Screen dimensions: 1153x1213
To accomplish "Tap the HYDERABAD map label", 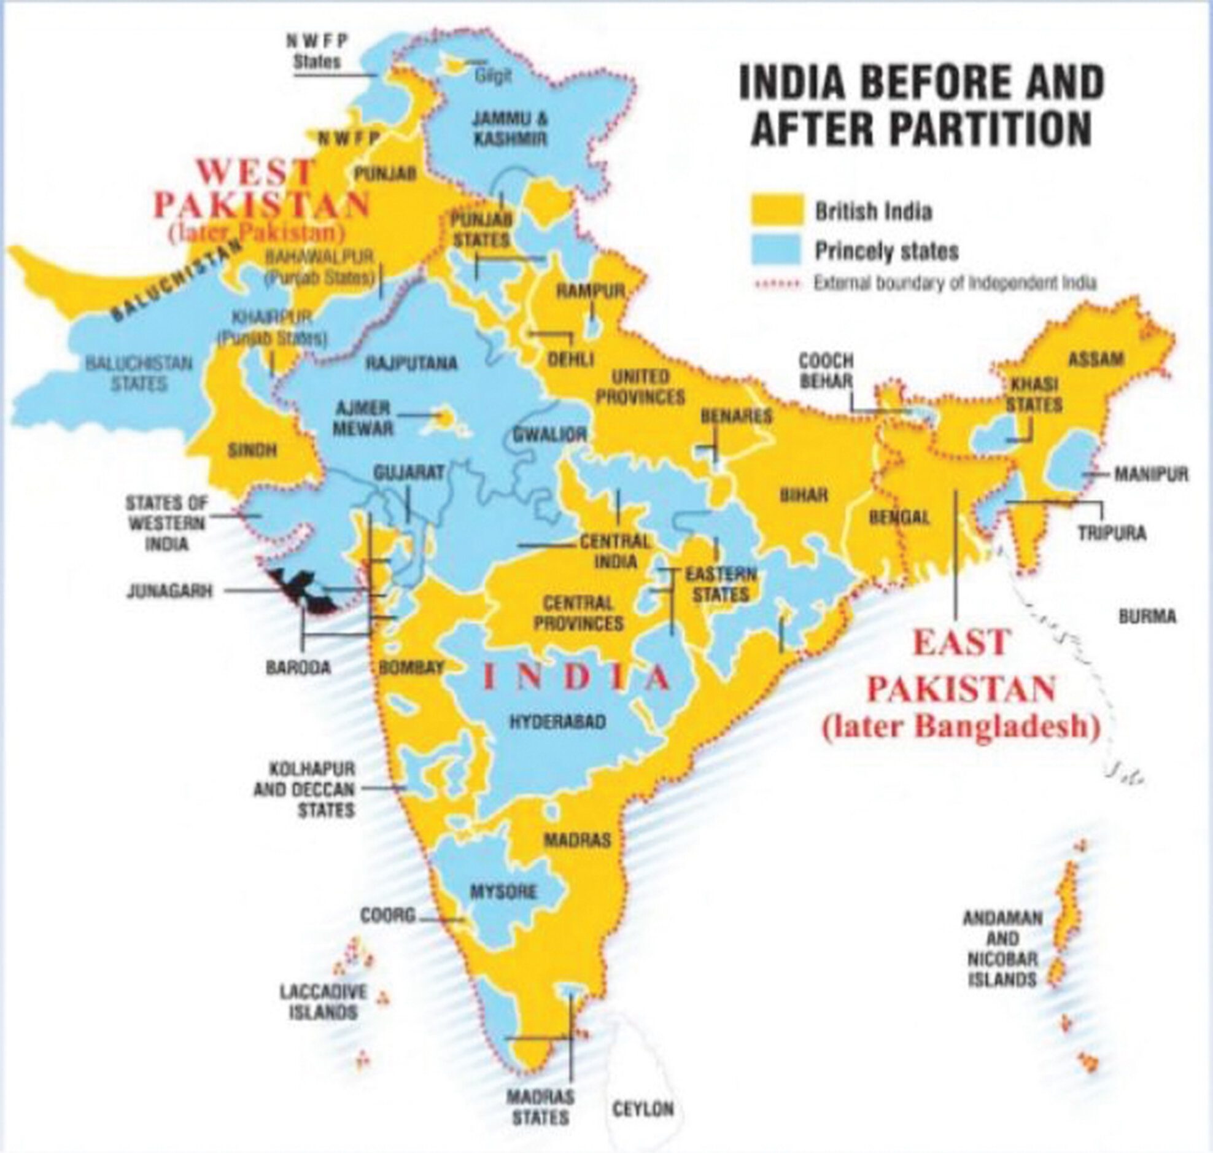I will coord(557,721).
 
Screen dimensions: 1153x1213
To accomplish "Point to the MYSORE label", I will coord(503,891).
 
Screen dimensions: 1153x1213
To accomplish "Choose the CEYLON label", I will coord(643,1109).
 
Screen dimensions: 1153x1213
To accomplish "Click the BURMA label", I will coord(1147,616).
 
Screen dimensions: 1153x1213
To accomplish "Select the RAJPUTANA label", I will coord(411,363).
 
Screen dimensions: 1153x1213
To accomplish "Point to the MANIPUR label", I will coord(1151,474).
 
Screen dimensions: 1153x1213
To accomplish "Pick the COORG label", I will coord(388,916).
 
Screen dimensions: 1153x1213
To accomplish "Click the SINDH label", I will coord(252,451).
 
